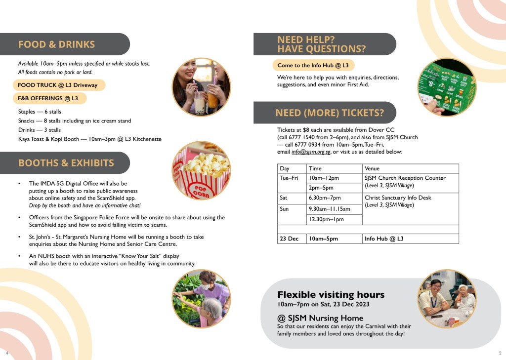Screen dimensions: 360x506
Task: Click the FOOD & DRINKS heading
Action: tap(56, 44)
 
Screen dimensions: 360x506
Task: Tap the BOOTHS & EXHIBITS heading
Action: tap(66, 163)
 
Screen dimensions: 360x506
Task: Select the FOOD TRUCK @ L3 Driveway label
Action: tap(58, 85)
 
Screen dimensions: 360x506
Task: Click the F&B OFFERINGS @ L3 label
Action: tap(48, 98)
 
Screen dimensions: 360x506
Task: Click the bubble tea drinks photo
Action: tap(201, 87)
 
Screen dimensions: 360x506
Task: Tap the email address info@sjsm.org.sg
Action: tap(310, 152)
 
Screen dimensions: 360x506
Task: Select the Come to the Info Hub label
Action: tap(313, 65)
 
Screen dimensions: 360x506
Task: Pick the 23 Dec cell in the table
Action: tap(290, 239)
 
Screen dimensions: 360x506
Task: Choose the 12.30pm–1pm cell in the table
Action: tap(326, 219)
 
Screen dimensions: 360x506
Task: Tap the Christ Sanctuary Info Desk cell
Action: tap(398, 198)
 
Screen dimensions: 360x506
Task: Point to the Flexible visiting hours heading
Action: tap(331, 295)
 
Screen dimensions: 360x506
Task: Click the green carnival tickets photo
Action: tap(446, 87)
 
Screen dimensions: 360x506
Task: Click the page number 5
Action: tap(500, 353)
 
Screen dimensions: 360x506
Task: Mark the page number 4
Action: tap(6, 353)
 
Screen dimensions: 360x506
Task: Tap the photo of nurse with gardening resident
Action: tap(201, 299)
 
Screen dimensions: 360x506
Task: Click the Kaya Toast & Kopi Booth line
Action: tap(89, 139)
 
